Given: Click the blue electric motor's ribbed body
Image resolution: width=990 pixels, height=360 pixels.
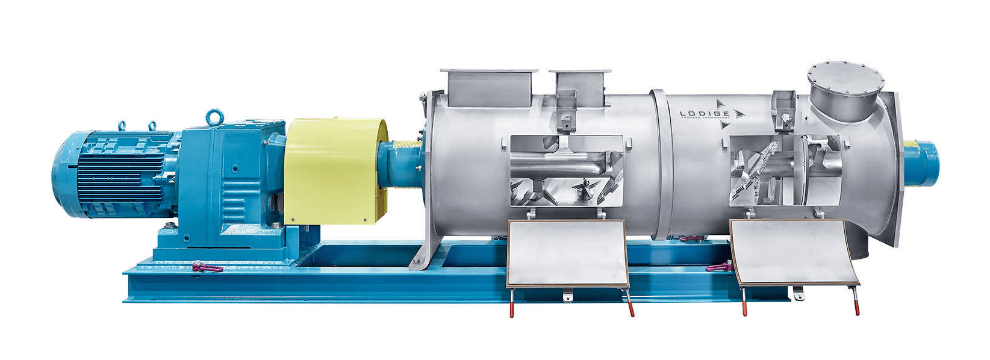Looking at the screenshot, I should tap(114, 175).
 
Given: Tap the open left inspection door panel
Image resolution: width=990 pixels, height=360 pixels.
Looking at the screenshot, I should tap(566, 253).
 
